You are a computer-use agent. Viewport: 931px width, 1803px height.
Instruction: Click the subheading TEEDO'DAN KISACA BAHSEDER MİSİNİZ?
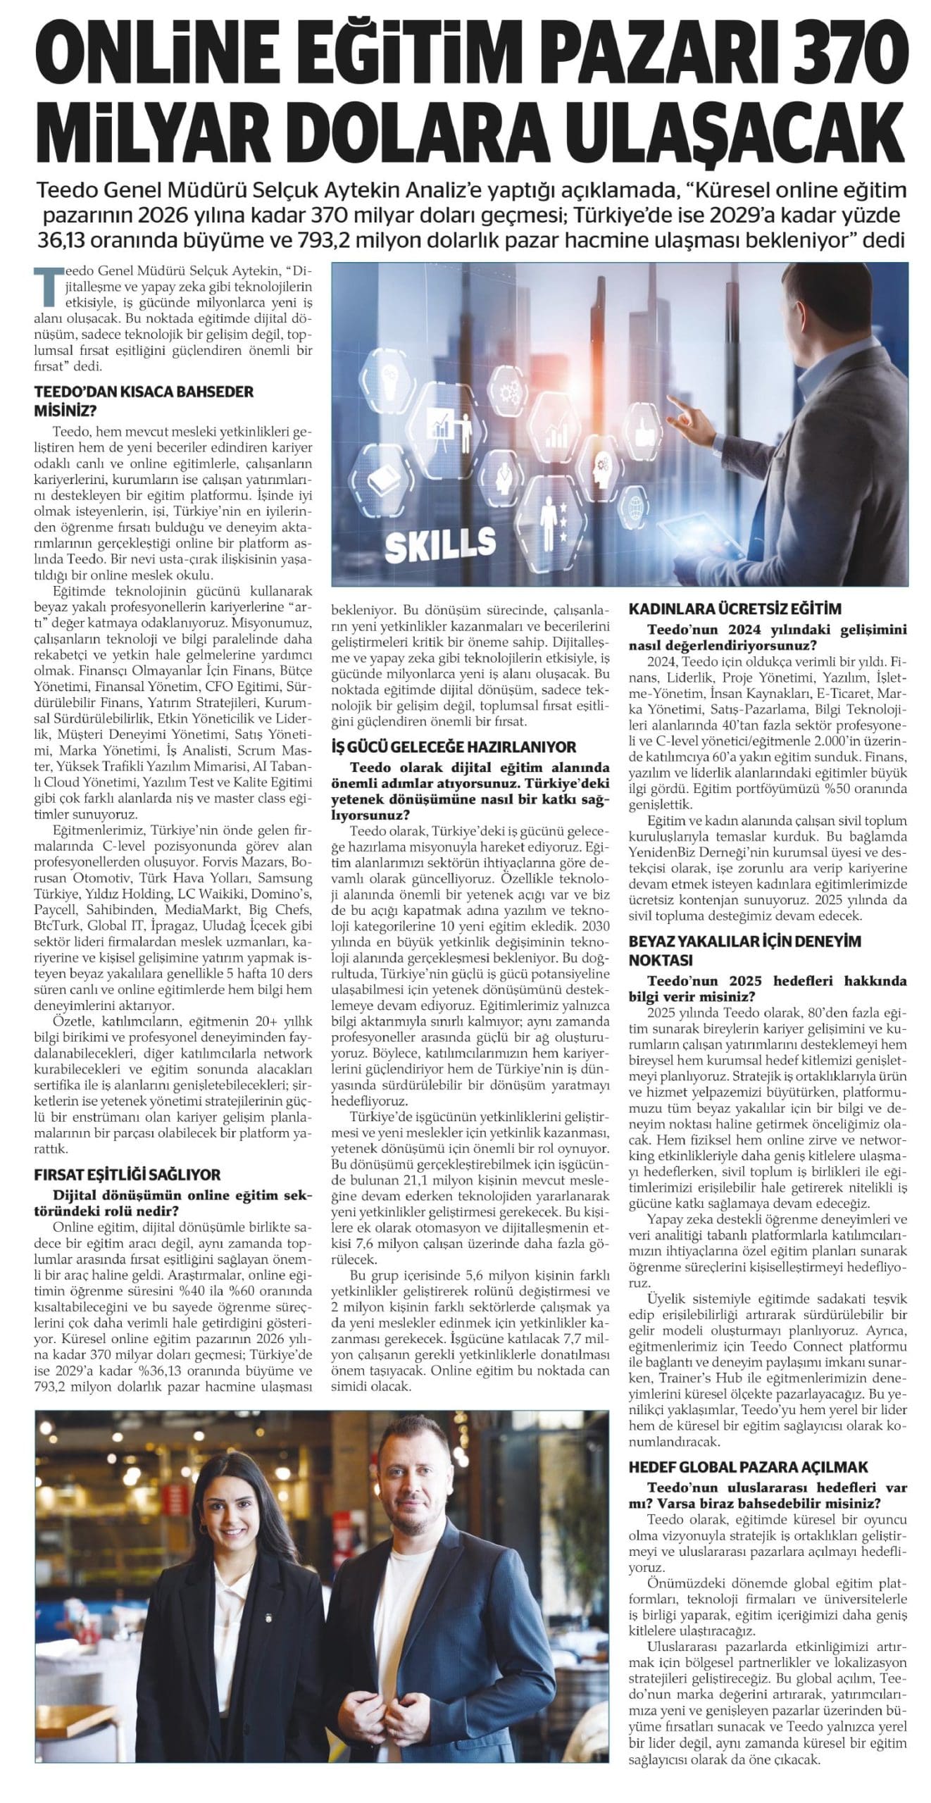coord(144,401)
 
